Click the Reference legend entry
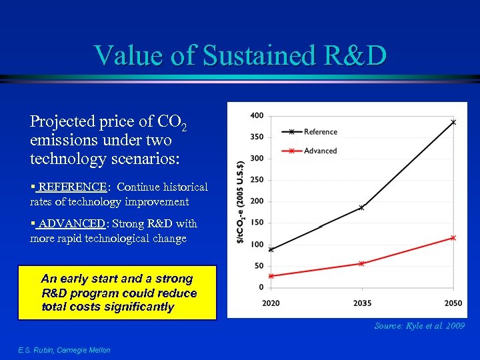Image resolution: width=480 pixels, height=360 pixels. [x=320, y=132]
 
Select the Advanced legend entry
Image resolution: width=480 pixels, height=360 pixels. [x=320, y=151]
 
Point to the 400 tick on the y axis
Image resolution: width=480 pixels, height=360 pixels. [x=257, y=116]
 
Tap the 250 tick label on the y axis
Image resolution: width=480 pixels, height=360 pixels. [x=257, y=180]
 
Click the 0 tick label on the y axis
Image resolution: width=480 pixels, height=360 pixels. [x=261, y=287]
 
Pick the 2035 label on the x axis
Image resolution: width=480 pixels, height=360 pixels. [x=361, y=303]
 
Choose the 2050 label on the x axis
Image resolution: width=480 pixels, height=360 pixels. [x=453, y=303]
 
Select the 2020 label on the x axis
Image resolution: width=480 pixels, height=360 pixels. [x=271, y=303]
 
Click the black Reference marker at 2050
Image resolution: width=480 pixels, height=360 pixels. [x=453, y=123]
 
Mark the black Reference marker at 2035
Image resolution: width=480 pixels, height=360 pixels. [x=361, y=207]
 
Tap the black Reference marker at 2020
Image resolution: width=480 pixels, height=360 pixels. [x=271, y=249]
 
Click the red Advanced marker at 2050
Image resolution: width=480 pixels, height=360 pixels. [x=453, y=237]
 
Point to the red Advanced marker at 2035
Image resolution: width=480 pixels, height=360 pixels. [x=361, y=263]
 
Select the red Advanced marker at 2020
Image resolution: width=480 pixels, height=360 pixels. [x=271, y=276]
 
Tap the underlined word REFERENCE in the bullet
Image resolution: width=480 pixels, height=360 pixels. [x=73, y=187]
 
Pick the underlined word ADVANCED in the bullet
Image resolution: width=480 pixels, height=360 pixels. [x=71, y=224]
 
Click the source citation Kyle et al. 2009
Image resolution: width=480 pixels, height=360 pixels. [x=419, y=326]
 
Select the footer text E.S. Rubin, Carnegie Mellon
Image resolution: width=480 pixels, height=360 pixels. [x=64, y=350]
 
